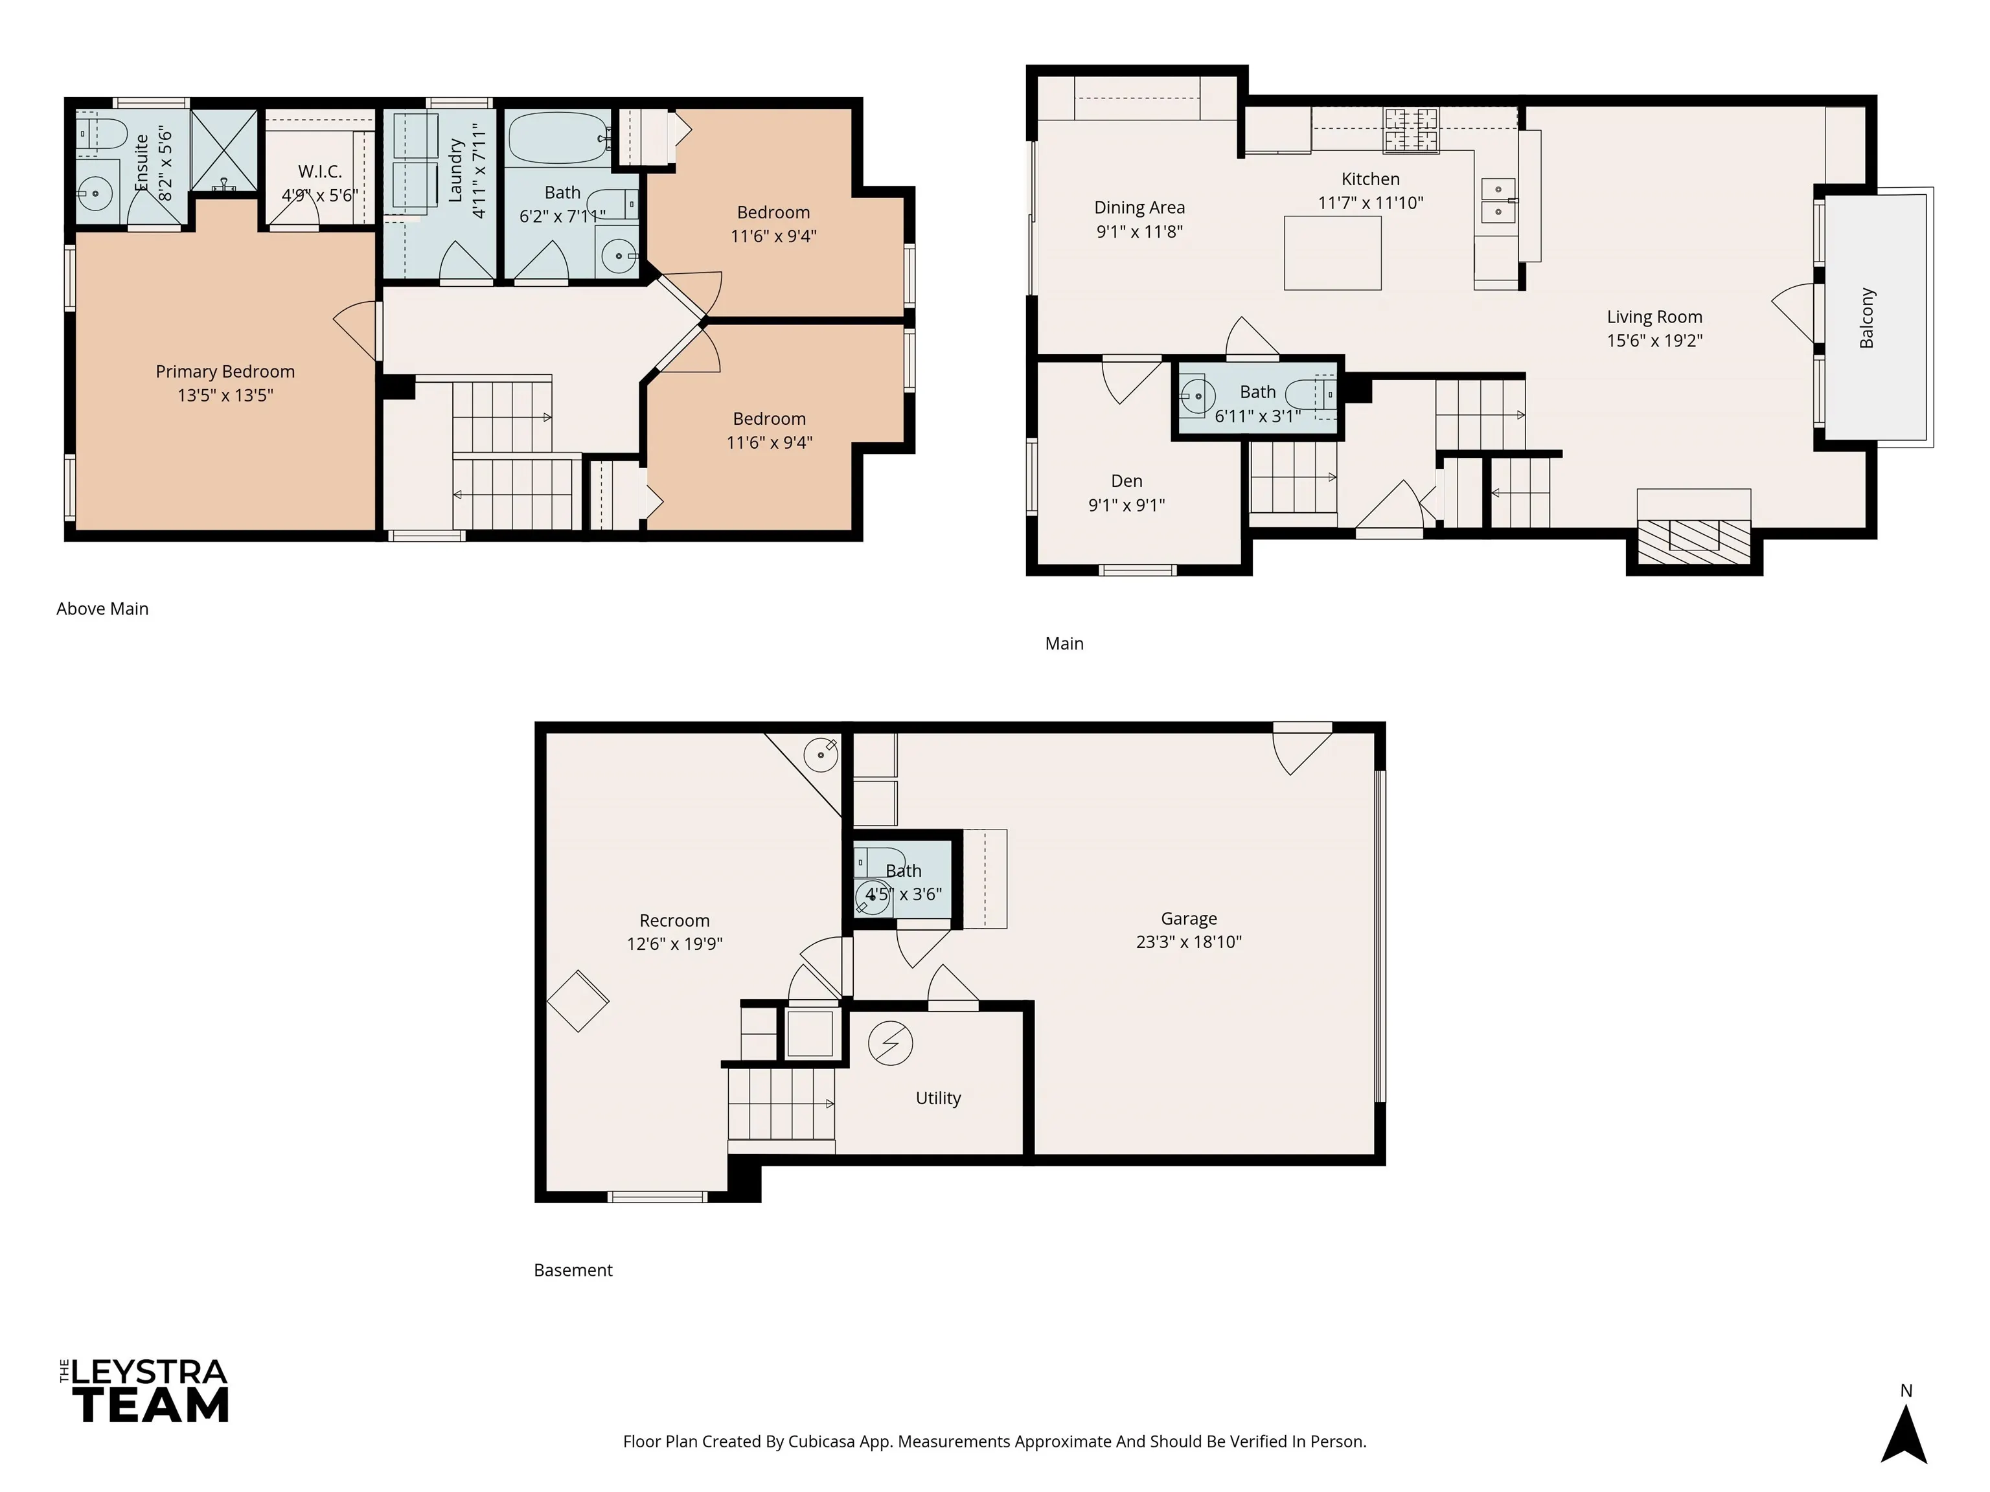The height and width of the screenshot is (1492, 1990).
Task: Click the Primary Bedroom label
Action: (x=225, y=372)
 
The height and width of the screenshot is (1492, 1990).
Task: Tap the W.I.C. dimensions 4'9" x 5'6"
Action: (x=319, y=195)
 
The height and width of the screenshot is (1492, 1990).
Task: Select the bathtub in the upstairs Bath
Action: (x=558, y=137)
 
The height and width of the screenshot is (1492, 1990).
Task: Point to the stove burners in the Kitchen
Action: (x=1412, y=129)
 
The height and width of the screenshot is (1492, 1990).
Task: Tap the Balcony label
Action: (x=1867, y=317)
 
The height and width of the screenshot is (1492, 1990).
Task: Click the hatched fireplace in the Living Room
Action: (x=1693, y=541)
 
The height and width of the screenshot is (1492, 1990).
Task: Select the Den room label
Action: (x=1127, y=481)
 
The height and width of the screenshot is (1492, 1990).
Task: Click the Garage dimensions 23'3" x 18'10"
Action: (x=1189, y=942)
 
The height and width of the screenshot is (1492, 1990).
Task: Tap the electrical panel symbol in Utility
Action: (x=890, y=1043)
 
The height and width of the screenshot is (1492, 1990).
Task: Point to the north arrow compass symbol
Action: (x=1904, y=1436)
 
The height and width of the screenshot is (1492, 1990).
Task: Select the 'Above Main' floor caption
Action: (x=102, y=609)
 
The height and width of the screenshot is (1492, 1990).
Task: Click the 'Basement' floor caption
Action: (x=573, y=1270)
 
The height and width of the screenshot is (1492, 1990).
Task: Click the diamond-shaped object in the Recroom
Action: (x=578, y=1000)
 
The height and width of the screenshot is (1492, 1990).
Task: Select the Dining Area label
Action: (x=1139, y=208)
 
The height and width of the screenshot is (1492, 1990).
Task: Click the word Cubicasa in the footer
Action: (x=821, y=1441)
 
